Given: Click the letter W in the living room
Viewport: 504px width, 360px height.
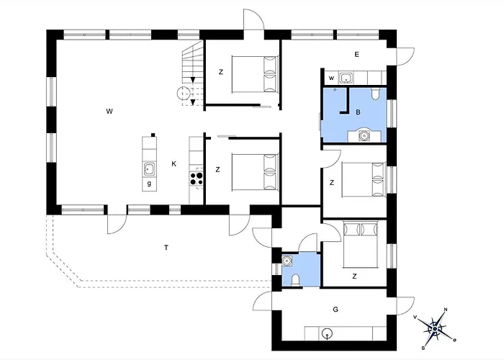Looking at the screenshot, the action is [x=109, y=112].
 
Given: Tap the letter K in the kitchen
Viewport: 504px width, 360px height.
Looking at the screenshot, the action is [x=174, y=164].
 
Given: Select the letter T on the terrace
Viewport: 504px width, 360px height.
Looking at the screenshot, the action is [x=166, y=248].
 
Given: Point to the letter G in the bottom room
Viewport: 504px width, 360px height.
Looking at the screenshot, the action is [x=336, y=310].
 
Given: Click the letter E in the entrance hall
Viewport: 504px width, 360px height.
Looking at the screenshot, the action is [x=356, y=54].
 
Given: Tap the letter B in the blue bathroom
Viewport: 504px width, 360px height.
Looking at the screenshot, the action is [x=358, y=112].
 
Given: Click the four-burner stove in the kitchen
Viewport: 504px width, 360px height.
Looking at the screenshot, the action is [x=197, y=179].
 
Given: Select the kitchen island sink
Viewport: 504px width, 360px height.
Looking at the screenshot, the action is [x=149, y=168].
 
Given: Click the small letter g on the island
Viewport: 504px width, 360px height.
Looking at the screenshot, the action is [x=149, y=184].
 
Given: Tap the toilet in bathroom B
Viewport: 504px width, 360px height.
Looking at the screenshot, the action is [x=375, y=93].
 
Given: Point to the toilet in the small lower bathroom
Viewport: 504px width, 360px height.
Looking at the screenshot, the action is [x=295, y=280].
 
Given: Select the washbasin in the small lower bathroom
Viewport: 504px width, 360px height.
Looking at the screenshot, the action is [x=287, y=261].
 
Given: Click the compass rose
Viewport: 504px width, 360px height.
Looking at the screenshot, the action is [x=435, y=328].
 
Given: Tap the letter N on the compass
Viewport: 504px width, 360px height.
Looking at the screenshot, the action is [x=446, y=310].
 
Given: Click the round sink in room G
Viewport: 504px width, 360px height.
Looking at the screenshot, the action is [x=327, y=333].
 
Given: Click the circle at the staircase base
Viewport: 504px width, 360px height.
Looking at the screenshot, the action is [x=183, y=93].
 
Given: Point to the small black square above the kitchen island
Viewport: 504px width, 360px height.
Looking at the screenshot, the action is [x=153, y=135].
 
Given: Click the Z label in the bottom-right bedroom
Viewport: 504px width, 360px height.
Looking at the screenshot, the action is [x=354, y=276].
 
